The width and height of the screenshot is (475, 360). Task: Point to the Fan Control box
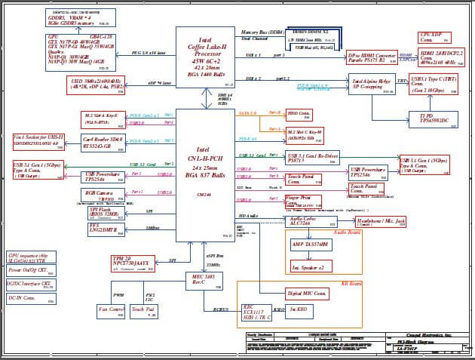[x=112, y=309]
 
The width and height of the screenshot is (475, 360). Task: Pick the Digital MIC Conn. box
[x=306, y=293]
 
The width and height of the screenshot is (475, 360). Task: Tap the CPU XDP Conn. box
[x=434, y=38]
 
